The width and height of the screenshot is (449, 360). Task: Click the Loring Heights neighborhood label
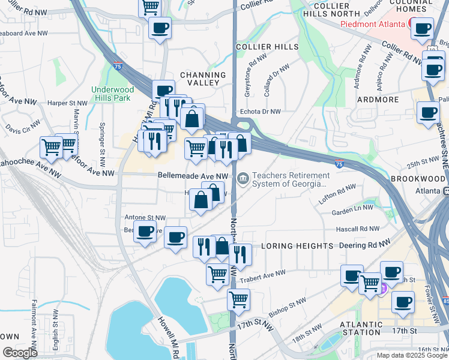pyautogui.click(x=297, y=246)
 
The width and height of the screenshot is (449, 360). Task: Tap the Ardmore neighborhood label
pyautogui.click(x=377, y=99)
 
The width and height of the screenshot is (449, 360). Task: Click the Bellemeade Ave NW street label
pyautogui.click(x=193, y=176)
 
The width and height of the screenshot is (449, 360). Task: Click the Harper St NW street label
pyautogui.click(x=67, y=103)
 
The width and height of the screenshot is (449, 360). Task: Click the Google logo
pyautogui.click(x=20, y=353)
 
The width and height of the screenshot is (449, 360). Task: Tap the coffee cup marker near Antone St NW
pyautogui.click(x=145, y=232)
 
